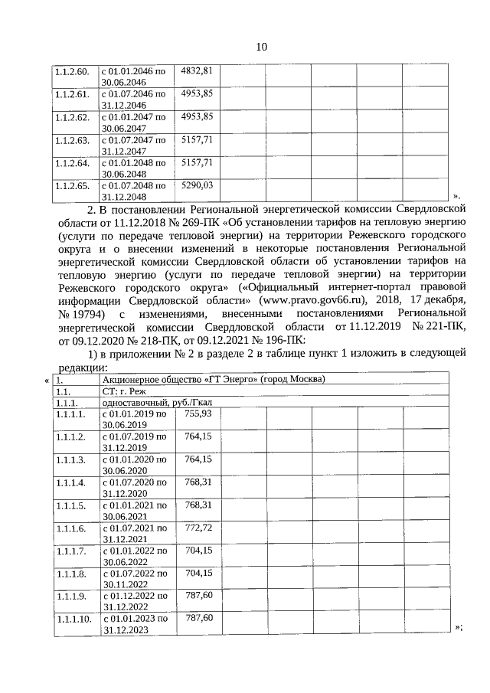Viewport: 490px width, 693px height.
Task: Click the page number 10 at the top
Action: pos(261,47)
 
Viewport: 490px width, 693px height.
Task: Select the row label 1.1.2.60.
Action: pos(72,71)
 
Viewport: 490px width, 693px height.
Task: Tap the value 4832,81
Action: pos(196,71)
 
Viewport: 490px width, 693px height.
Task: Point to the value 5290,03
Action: pos(196,185)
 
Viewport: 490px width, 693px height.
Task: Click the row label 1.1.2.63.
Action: pos(72,140)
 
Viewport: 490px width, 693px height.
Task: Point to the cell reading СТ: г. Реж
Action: pos(123,391)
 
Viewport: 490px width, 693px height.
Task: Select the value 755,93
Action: pos(198,414)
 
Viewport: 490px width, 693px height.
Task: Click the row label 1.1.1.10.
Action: pos(73,618)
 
